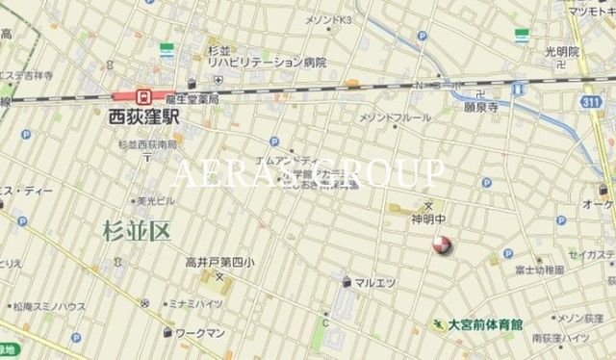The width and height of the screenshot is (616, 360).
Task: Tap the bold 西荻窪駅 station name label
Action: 143,116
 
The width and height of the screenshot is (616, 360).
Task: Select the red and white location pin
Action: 442,245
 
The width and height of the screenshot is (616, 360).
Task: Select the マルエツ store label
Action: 375,282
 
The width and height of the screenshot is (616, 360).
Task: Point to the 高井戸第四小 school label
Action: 220,262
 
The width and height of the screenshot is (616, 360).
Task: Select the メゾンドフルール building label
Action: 395,117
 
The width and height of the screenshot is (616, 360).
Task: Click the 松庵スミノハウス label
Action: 49,306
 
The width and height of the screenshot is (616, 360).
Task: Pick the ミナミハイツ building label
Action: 196,303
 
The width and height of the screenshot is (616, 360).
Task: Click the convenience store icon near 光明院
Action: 522,36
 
